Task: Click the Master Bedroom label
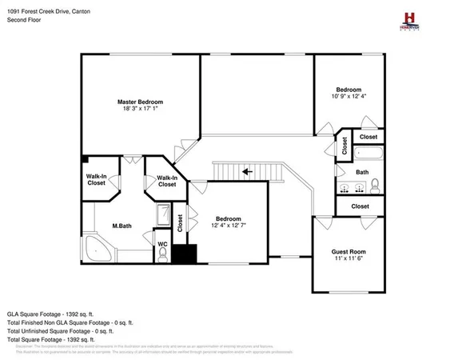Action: click(x=140, y=102)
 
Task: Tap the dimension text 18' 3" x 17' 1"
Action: click(x=140, y=110)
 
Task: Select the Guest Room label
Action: click(x=349, y=252)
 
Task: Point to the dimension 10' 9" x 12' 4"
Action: click(x=349, y=97)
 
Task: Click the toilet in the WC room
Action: click(x=162, y=254)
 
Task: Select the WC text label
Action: click(x=162, y=243)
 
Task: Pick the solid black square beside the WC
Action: click(x=185, y=254)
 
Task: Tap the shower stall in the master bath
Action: click(x=162, y=217)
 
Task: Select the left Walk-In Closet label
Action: click(x=97, y=180)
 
